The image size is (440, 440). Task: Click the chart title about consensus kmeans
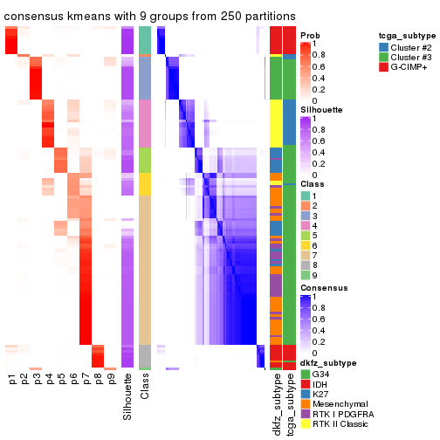148,16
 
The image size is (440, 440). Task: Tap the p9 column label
110,380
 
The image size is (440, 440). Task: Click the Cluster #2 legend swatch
384,45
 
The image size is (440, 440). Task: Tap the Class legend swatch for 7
305,253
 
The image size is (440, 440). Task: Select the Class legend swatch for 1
305,196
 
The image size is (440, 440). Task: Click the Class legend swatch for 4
305,224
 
